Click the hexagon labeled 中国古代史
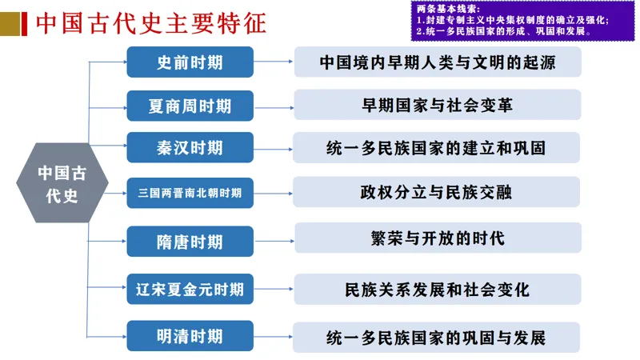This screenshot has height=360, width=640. [x=62, y=185]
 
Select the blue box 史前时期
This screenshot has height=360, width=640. [x=190, y=62]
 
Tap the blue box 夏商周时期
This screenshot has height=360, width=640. [x=190, y=106]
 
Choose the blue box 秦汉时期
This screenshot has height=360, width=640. [x=190, y=148]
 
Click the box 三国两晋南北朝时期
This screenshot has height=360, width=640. [x=190, y=193]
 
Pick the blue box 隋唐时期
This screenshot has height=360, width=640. [x=190, y=241]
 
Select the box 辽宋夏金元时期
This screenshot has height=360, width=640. [x=190, y=288]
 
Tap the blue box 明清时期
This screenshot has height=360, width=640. [x=190, y=336]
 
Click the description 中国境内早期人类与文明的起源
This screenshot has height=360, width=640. [x=437, y=62]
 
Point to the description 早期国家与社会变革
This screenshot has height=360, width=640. [x=437, y=105]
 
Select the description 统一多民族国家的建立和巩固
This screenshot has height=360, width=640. [x=437, y=148]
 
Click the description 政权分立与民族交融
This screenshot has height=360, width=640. [x=437, y=193]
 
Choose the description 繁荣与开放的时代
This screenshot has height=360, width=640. [x=437, y=238]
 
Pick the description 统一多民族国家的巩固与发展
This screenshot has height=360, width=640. [x=437, y=337]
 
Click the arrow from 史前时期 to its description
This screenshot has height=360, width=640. [x=274, y=61]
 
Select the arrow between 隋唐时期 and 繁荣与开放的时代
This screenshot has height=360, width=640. [x=274, y=238]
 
